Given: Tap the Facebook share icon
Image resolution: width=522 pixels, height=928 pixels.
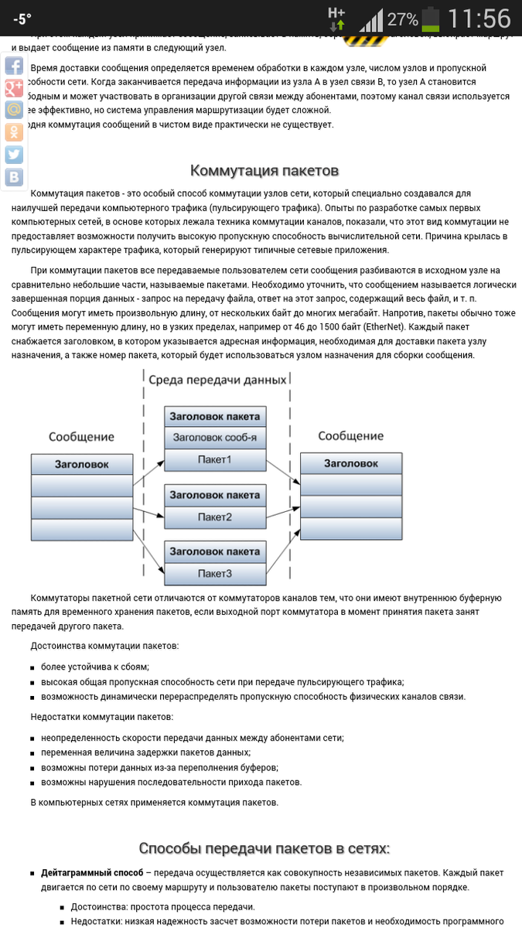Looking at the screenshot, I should pos(14,65).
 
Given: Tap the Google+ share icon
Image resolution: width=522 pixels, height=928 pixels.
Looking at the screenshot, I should pos(14,87).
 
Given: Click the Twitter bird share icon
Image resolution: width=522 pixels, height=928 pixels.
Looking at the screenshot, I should pos(14,155).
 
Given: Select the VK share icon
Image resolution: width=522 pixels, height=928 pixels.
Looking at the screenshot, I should pos(14,177).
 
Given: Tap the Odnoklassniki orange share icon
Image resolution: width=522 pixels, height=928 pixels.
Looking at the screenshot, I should pos(14,132).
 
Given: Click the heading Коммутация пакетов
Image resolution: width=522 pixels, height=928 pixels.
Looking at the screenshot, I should pos(264,170).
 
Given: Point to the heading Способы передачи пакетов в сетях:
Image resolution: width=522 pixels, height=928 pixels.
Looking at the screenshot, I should pos(264,848).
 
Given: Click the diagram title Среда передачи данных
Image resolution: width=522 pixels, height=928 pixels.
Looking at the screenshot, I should pos(217,380).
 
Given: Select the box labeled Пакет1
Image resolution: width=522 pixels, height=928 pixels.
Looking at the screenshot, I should pos(215,460).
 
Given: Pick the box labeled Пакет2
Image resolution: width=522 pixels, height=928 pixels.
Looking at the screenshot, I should pos(215,517).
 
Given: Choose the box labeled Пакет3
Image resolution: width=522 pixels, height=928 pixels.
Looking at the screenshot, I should pos(215,574).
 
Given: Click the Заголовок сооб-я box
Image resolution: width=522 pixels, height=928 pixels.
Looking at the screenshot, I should pos(215,438).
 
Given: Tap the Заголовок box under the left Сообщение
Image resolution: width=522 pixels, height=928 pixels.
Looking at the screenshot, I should pos(81,464).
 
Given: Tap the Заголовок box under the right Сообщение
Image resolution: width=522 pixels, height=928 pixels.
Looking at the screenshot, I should pos(351,463).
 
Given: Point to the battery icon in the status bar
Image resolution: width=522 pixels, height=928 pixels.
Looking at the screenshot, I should pos(429,19).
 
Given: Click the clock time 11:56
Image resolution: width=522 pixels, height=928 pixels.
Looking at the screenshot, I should pos(479,19).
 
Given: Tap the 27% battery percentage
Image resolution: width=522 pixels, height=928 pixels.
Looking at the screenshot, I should pos(402,19).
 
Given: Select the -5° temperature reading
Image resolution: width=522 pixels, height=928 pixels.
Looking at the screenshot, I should pos(22,19).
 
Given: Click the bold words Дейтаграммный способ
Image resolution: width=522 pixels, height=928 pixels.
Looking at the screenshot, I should pos(92,872).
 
